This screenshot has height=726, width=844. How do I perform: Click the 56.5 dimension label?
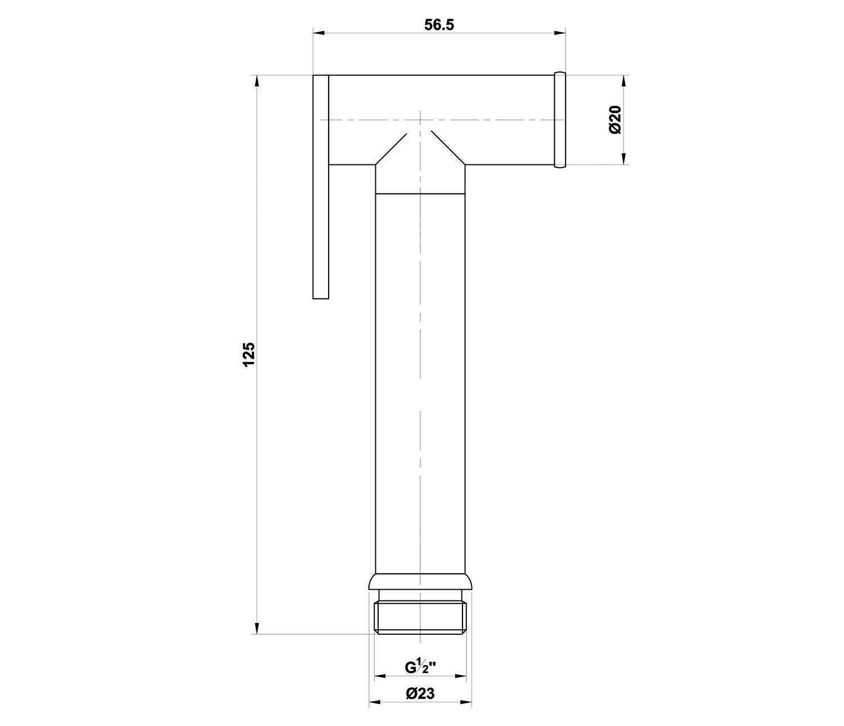pos(439,25)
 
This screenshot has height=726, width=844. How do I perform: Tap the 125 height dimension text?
pos(249,355)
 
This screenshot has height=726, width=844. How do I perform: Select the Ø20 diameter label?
pos(615,120)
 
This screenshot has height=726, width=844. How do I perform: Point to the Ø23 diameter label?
pos(420,694)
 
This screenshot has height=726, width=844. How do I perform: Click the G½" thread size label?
pos(420,667)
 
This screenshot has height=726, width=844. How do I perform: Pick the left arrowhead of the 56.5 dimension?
pos(319,33)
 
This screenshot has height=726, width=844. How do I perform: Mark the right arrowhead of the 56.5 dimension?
pos(560,33)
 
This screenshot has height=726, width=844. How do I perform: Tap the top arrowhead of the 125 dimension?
pos(257,81)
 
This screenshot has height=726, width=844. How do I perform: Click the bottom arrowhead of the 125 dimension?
pos(257,629)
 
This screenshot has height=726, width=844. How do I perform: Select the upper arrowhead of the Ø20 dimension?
pos(623,81)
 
